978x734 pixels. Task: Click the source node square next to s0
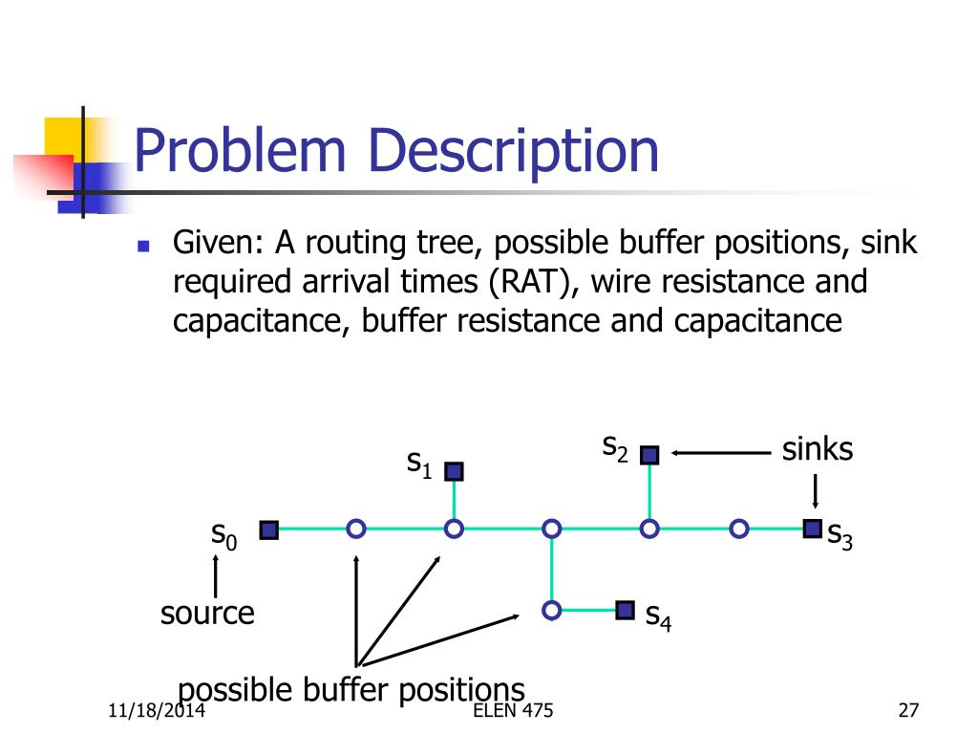269,529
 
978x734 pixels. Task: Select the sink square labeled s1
454,471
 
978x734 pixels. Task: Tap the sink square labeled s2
649,455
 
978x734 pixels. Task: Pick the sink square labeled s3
812,528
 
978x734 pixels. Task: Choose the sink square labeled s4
626,610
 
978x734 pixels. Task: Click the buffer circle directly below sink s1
454,529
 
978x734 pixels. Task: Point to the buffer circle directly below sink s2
649,529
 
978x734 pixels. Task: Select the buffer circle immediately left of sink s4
551,610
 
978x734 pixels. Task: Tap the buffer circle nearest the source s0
356,529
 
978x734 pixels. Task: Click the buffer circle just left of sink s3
738,529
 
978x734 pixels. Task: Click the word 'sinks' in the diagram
817,449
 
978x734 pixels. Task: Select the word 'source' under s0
207,613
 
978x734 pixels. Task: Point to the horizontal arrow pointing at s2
721,455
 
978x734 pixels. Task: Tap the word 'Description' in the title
515,151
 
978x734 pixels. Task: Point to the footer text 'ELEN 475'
512,711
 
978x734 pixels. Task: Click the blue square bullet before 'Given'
144,247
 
